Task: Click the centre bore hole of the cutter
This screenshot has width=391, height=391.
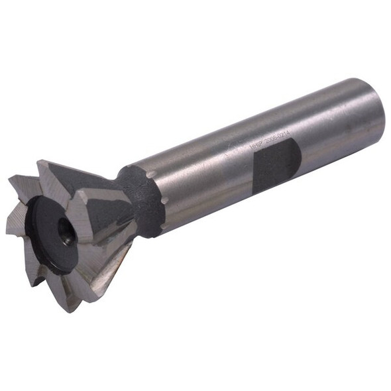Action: (65, 231)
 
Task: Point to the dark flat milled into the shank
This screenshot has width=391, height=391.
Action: (276, 165)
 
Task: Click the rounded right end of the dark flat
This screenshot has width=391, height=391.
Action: (298, 157)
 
